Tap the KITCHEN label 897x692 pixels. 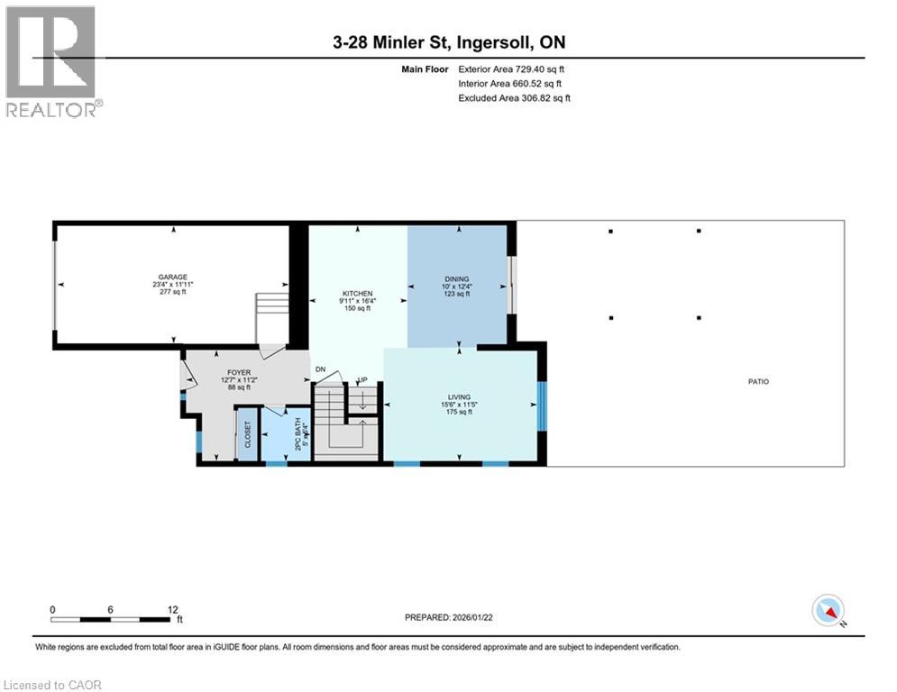point(356,294)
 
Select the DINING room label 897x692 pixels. point(457,279)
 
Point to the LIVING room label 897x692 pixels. point(461,396)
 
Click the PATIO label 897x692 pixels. point(758,382)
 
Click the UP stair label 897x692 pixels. point(363,379)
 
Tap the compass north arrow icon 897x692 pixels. point(828,611)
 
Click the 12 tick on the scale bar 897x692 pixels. point(172,610)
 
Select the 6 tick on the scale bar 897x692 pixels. point(110,610)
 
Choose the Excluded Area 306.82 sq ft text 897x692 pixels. point(515,97)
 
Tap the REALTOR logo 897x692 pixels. point(53,60)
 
